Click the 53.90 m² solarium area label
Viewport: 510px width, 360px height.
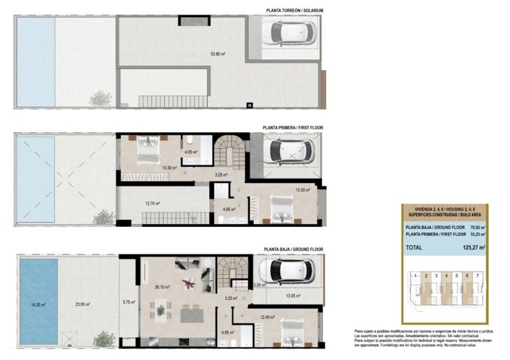tap(218, 53)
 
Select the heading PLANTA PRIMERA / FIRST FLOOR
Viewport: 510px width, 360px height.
tap(293, 127)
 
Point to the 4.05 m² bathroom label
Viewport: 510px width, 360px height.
tap(190, 153)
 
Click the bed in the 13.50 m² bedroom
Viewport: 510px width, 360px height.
tap(281, 210)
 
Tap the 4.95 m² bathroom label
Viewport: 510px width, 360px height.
tap(228, 210)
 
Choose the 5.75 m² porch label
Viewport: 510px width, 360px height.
tap(129, 302)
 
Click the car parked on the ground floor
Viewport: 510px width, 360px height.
tap(286, 271)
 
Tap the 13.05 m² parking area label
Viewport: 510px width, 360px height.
tap(294, 295)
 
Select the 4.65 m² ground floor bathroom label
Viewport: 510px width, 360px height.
tap(226, 333)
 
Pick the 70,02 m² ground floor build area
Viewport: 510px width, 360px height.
tap(475, 227)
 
